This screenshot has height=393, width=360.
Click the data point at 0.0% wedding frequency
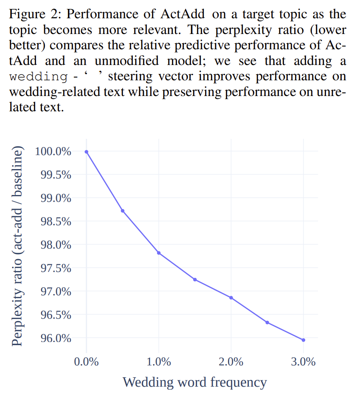click(x=87, y=152)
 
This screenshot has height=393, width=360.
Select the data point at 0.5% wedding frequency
click(x=123, y=211)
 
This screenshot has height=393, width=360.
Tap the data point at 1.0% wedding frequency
click(x=159, y=253)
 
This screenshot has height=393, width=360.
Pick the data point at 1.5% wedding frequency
click(x=195, y=279)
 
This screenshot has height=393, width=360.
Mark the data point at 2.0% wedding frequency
click(x=231, y=297)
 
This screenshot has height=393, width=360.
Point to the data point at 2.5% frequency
click(x=267, y=322)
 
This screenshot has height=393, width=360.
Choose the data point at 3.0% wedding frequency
click(x=303, y=340)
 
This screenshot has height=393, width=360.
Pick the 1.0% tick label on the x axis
click(x=159, y=362)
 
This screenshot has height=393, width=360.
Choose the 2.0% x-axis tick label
click(x=231, y=362)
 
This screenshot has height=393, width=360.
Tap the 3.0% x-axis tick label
click(x=303, y=362)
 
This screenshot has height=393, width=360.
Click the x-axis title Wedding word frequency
click(x=195, y=382)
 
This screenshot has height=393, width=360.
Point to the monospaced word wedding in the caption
click(x=38, y=77)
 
